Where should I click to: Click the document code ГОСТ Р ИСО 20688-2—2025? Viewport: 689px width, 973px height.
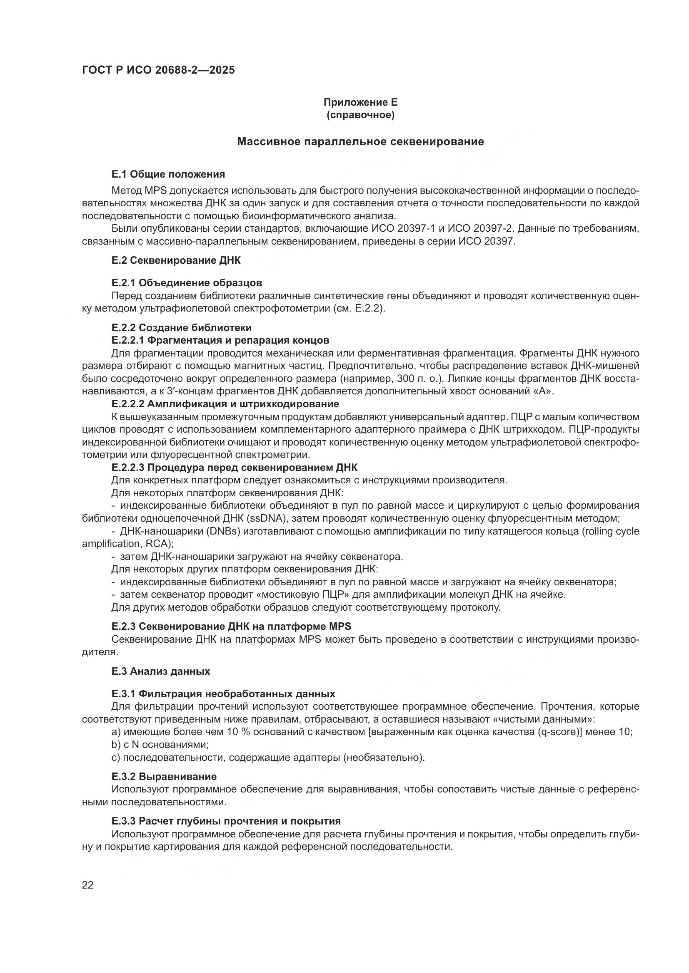(158, 70)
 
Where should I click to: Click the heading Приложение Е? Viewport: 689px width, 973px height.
(360, 102)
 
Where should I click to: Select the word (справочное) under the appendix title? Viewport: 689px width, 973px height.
(360, 115)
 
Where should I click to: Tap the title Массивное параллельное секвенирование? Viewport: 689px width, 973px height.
(360, 141)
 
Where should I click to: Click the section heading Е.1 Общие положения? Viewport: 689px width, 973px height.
(168, 174)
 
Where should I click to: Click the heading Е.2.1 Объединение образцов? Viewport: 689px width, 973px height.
(187, 282)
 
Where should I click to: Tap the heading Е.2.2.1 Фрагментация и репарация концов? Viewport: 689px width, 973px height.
(220, 340)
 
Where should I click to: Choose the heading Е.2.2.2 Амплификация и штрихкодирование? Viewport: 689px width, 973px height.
(225, 404)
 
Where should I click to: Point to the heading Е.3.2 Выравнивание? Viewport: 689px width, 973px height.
(164, 776)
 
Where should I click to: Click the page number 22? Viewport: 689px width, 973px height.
(88, 885)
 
